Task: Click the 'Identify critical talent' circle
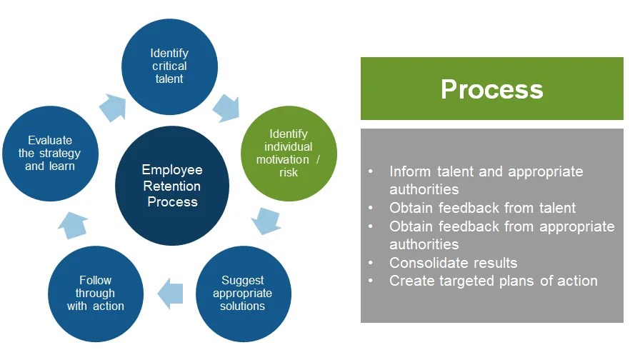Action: (169, 66)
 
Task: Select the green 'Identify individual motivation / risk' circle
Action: (289, 154)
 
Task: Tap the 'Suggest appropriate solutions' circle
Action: (243, 294)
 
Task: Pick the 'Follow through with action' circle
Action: (96, 294)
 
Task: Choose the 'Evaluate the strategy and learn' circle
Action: (50, 153)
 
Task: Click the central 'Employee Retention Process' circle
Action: (172, 186)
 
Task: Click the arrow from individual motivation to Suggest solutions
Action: (266, 221)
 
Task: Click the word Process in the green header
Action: (491, 89)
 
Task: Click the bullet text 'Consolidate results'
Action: (453, 262)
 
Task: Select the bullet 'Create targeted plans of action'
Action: (493, 280)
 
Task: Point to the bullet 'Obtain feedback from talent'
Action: (482, 208)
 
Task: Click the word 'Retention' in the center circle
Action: (172, 186)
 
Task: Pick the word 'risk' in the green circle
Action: (289, 172)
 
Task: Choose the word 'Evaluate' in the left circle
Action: (50, 140)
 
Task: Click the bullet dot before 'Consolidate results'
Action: (370, 262)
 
